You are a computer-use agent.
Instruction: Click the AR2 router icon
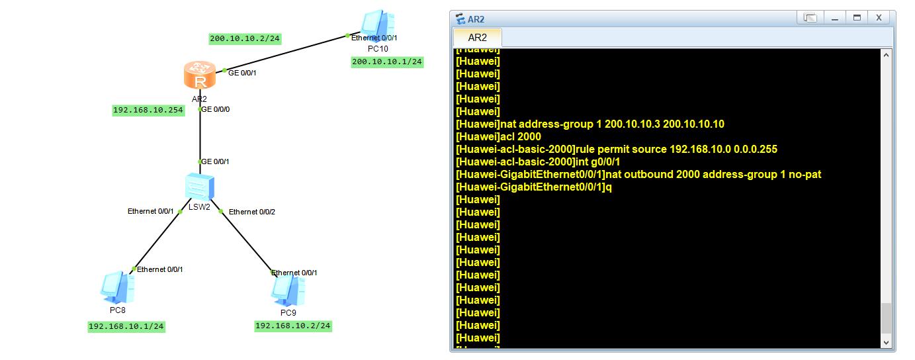[200, 75]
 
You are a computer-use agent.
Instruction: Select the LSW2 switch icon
[199, 187]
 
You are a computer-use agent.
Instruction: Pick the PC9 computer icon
[288, 291]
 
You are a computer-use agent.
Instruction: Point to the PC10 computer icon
[378, 25]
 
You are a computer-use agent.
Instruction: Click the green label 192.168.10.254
[148, 110]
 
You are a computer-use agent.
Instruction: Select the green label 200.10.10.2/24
[245, 38]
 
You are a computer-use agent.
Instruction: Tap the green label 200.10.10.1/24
[387, 62]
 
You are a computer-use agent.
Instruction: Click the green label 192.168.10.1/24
[126, 326]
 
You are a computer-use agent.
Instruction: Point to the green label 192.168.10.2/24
[293, 326]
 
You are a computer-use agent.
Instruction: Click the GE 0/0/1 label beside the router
[242, 73]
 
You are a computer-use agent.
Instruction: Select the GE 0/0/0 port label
[215, 109]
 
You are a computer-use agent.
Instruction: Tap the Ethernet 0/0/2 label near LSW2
[252, 212]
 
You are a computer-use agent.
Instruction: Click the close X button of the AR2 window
[879, 18]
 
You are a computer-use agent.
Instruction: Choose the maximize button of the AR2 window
[857, 18]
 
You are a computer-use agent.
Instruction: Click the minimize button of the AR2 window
[835, 18]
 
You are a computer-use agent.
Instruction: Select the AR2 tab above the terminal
[477, 38]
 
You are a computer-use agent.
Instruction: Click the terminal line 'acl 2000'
[498, 136]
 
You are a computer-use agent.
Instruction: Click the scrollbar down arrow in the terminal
[886, 343]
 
